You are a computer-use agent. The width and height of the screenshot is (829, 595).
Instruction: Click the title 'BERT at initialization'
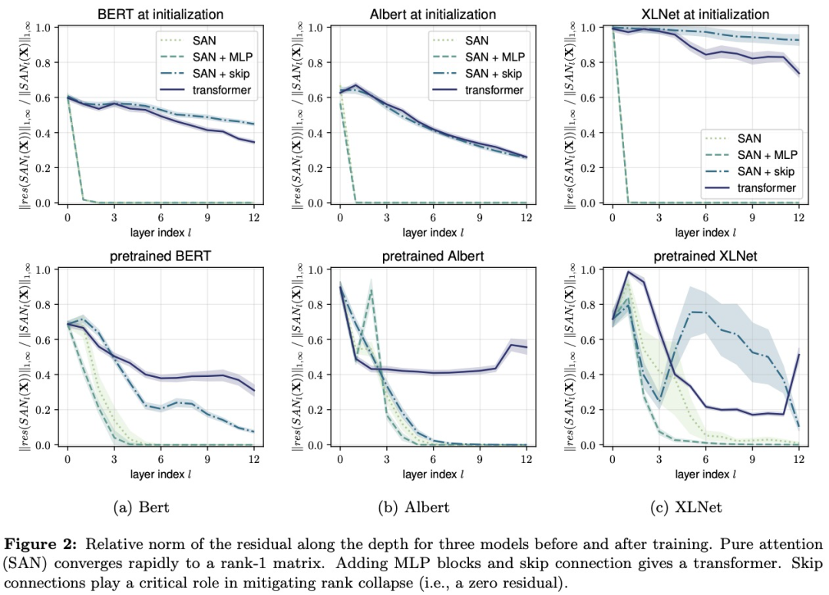coord(161,15)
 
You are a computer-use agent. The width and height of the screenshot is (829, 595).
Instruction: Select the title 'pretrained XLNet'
coord(705,256)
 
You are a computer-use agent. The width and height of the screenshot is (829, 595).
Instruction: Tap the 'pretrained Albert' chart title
coord(433,256)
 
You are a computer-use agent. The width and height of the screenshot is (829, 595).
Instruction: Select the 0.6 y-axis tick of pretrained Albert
coord(314,339)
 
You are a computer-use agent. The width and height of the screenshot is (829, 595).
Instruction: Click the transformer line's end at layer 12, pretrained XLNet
coord(798,354)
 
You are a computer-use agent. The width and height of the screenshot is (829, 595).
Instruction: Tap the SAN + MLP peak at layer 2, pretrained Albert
coord(372,290)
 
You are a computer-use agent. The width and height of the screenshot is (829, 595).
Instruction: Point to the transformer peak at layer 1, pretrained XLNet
coord(628,272)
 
